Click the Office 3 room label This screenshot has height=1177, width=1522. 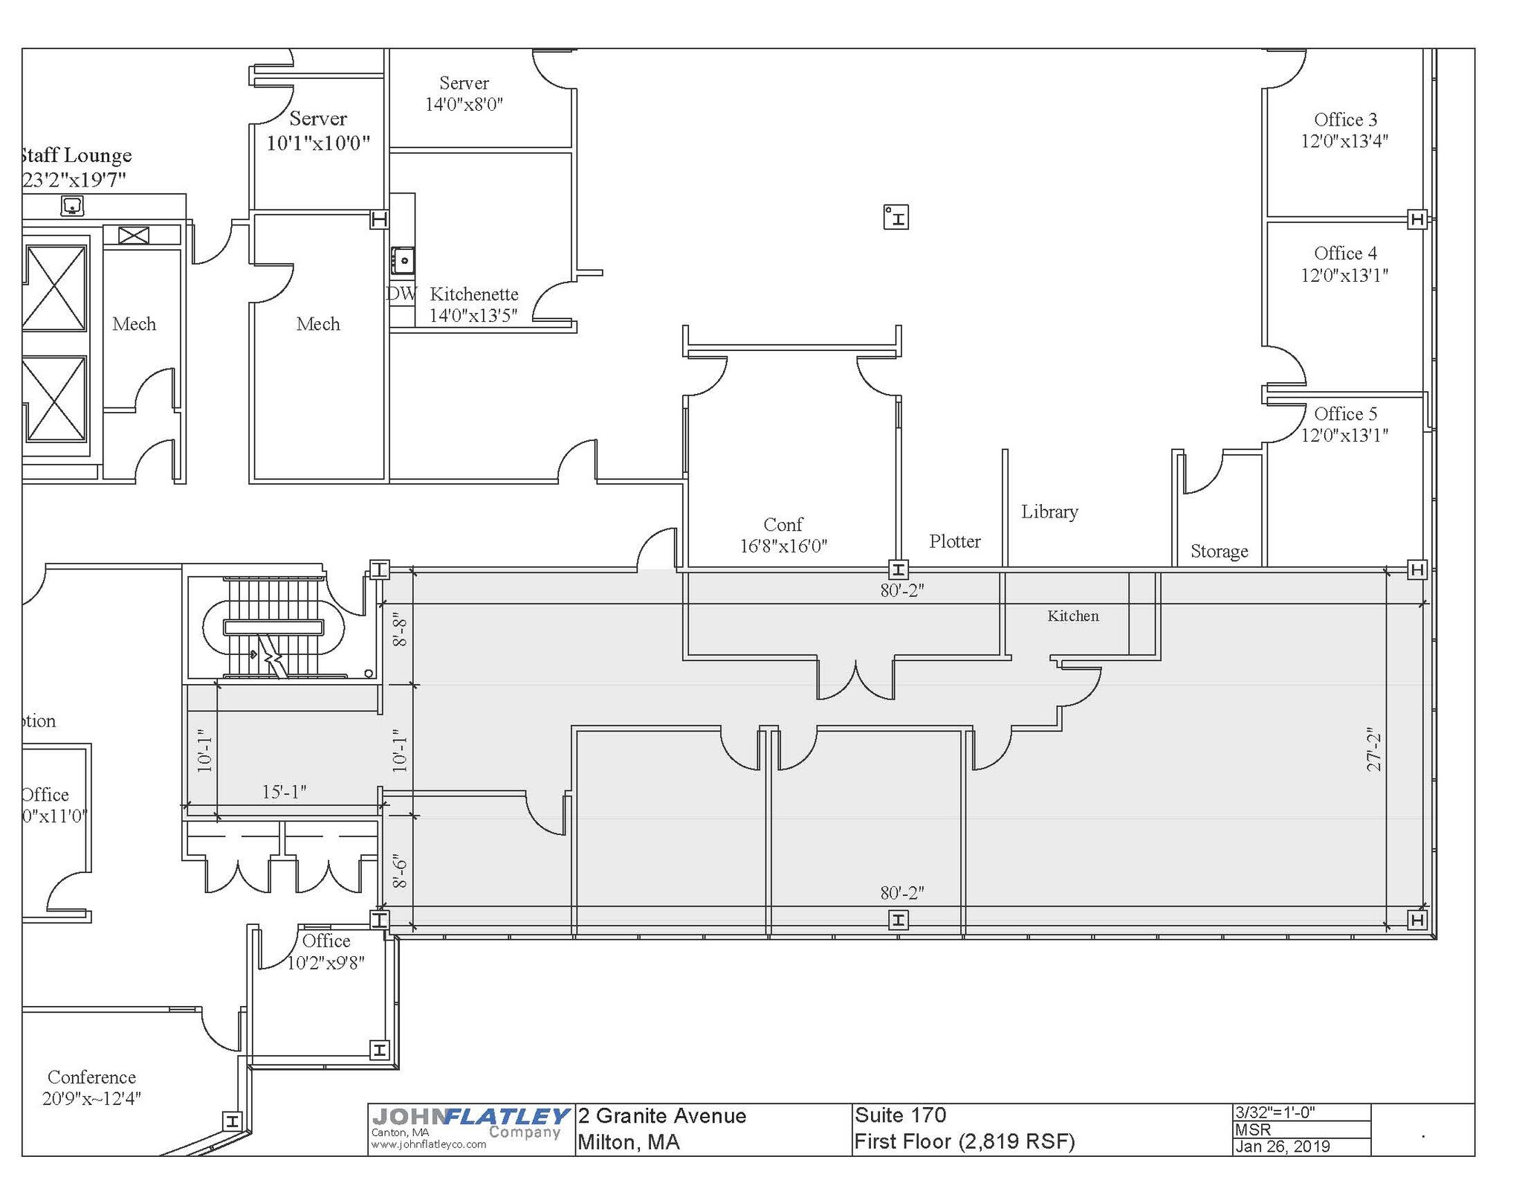[1344, 130]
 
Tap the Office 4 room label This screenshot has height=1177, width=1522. [1344, 264]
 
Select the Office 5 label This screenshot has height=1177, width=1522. [1344, 424]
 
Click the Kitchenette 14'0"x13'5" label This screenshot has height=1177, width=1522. [473, 305]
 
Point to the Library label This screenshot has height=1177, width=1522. [1049, 512]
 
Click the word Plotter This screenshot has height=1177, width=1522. [954, 541]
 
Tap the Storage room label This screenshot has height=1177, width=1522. [1219, 551]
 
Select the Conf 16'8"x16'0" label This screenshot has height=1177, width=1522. [783, 535]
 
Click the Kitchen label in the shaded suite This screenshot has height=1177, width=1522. [1072, 616]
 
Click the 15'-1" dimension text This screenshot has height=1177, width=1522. [284, 792]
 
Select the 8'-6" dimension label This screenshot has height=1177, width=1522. [400, 871]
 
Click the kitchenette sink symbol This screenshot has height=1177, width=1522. [403, 261]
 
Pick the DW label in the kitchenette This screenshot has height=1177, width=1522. [401, 294]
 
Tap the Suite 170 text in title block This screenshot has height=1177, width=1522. [900, 1115]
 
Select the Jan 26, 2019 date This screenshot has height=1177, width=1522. [1282, 1146]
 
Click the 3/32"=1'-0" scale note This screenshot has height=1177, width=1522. [1275, 1112]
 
